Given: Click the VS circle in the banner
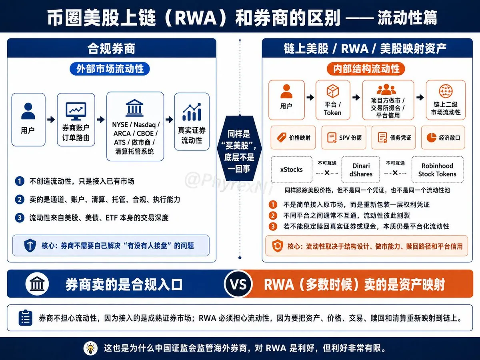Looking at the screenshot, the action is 238,284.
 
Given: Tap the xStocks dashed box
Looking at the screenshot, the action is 292,170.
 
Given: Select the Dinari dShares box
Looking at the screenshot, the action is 361,170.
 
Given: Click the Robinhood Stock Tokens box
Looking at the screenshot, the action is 437,170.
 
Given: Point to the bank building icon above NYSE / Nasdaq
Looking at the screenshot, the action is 135,108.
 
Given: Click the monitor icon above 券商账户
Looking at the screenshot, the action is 76,111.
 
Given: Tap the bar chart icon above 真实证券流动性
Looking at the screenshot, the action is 192,112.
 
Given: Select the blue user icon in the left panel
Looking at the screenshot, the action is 28,111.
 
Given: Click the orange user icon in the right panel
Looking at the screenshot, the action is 286,91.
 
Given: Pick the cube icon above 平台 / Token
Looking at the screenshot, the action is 333,91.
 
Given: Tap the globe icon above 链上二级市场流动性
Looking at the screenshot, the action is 446,91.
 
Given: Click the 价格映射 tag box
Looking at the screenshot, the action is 293,138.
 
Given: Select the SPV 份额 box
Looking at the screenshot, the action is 344,138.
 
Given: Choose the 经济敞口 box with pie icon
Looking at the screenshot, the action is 443,138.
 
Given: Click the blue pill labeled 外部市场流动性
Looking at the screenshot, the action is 110,69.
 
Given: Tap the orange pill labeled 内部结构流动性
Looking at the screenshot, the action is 366,69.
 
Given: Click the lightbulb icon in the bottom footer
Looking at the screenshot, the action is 90,348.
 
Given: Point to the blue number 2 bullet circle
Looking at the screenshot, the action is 20,199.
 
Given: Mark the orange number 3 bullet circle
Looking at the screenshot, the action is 273,226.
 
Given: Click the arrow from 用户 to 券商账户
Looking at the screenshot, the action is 51,120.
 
